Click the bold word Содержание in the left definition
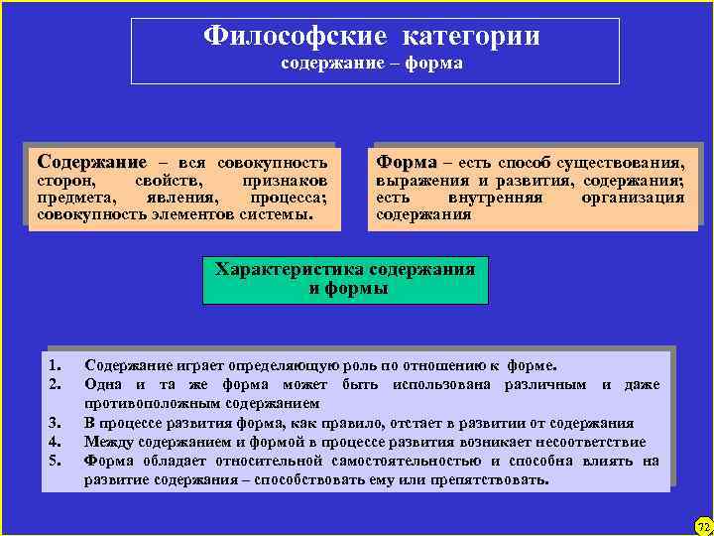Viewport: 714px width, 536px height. [x=90, y=161]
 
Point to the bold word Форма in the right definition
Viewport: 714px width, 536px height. [x=405, y=161]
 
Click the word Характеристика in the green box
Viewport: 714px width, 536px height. [x=291, y=270]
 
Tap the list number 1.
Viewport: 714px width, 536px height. [x=56, y=364]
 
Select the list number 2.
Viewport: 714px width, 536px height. [x=56, y=383]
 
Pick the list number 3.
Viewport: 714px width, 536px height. [x=56, y=423]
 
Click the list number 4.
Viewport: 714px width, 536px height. [x=56, y=442]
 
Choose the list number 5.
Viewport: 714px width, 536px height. [x=56, y=461]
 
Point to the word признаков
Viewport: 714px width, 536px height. [x=285, y=182]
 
